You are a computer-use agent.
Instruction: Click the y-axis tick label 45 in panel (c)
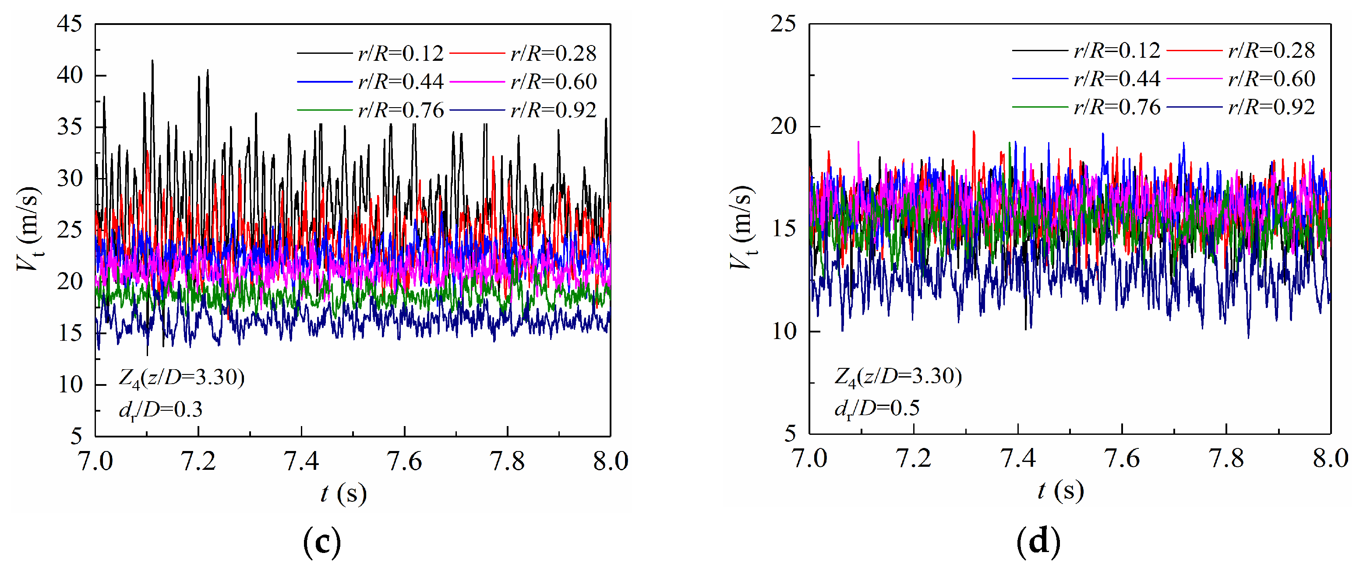pyautogui.click(x=70, y=24)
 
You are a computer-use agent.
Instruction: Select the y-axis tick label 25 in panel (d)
pyautogui.click(x=783, y=24)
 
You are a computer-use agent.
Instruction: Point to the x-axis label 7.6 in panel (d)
pyautogui.click(x=1122, y=458)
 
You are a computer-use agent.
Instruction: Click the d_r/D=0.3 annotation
pyautogui.click(x=161, y=409)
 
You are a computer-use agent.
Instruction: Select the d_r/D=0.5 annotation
pyautogui.click(x=877, y=408)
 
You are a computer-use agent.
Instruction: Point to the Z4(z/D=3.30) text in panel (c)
pyautogui.click(x=182, y=378)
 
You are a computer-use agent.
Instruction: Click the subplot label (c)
pyautogui.click(x=322, y=542)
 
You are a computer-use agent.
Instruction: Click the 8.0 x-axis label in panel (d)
pyautogui.click(x=1330, y=458)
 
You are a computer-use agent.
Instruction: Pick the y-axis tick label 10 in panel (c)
pyautogui.click(x=71, y=385)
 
